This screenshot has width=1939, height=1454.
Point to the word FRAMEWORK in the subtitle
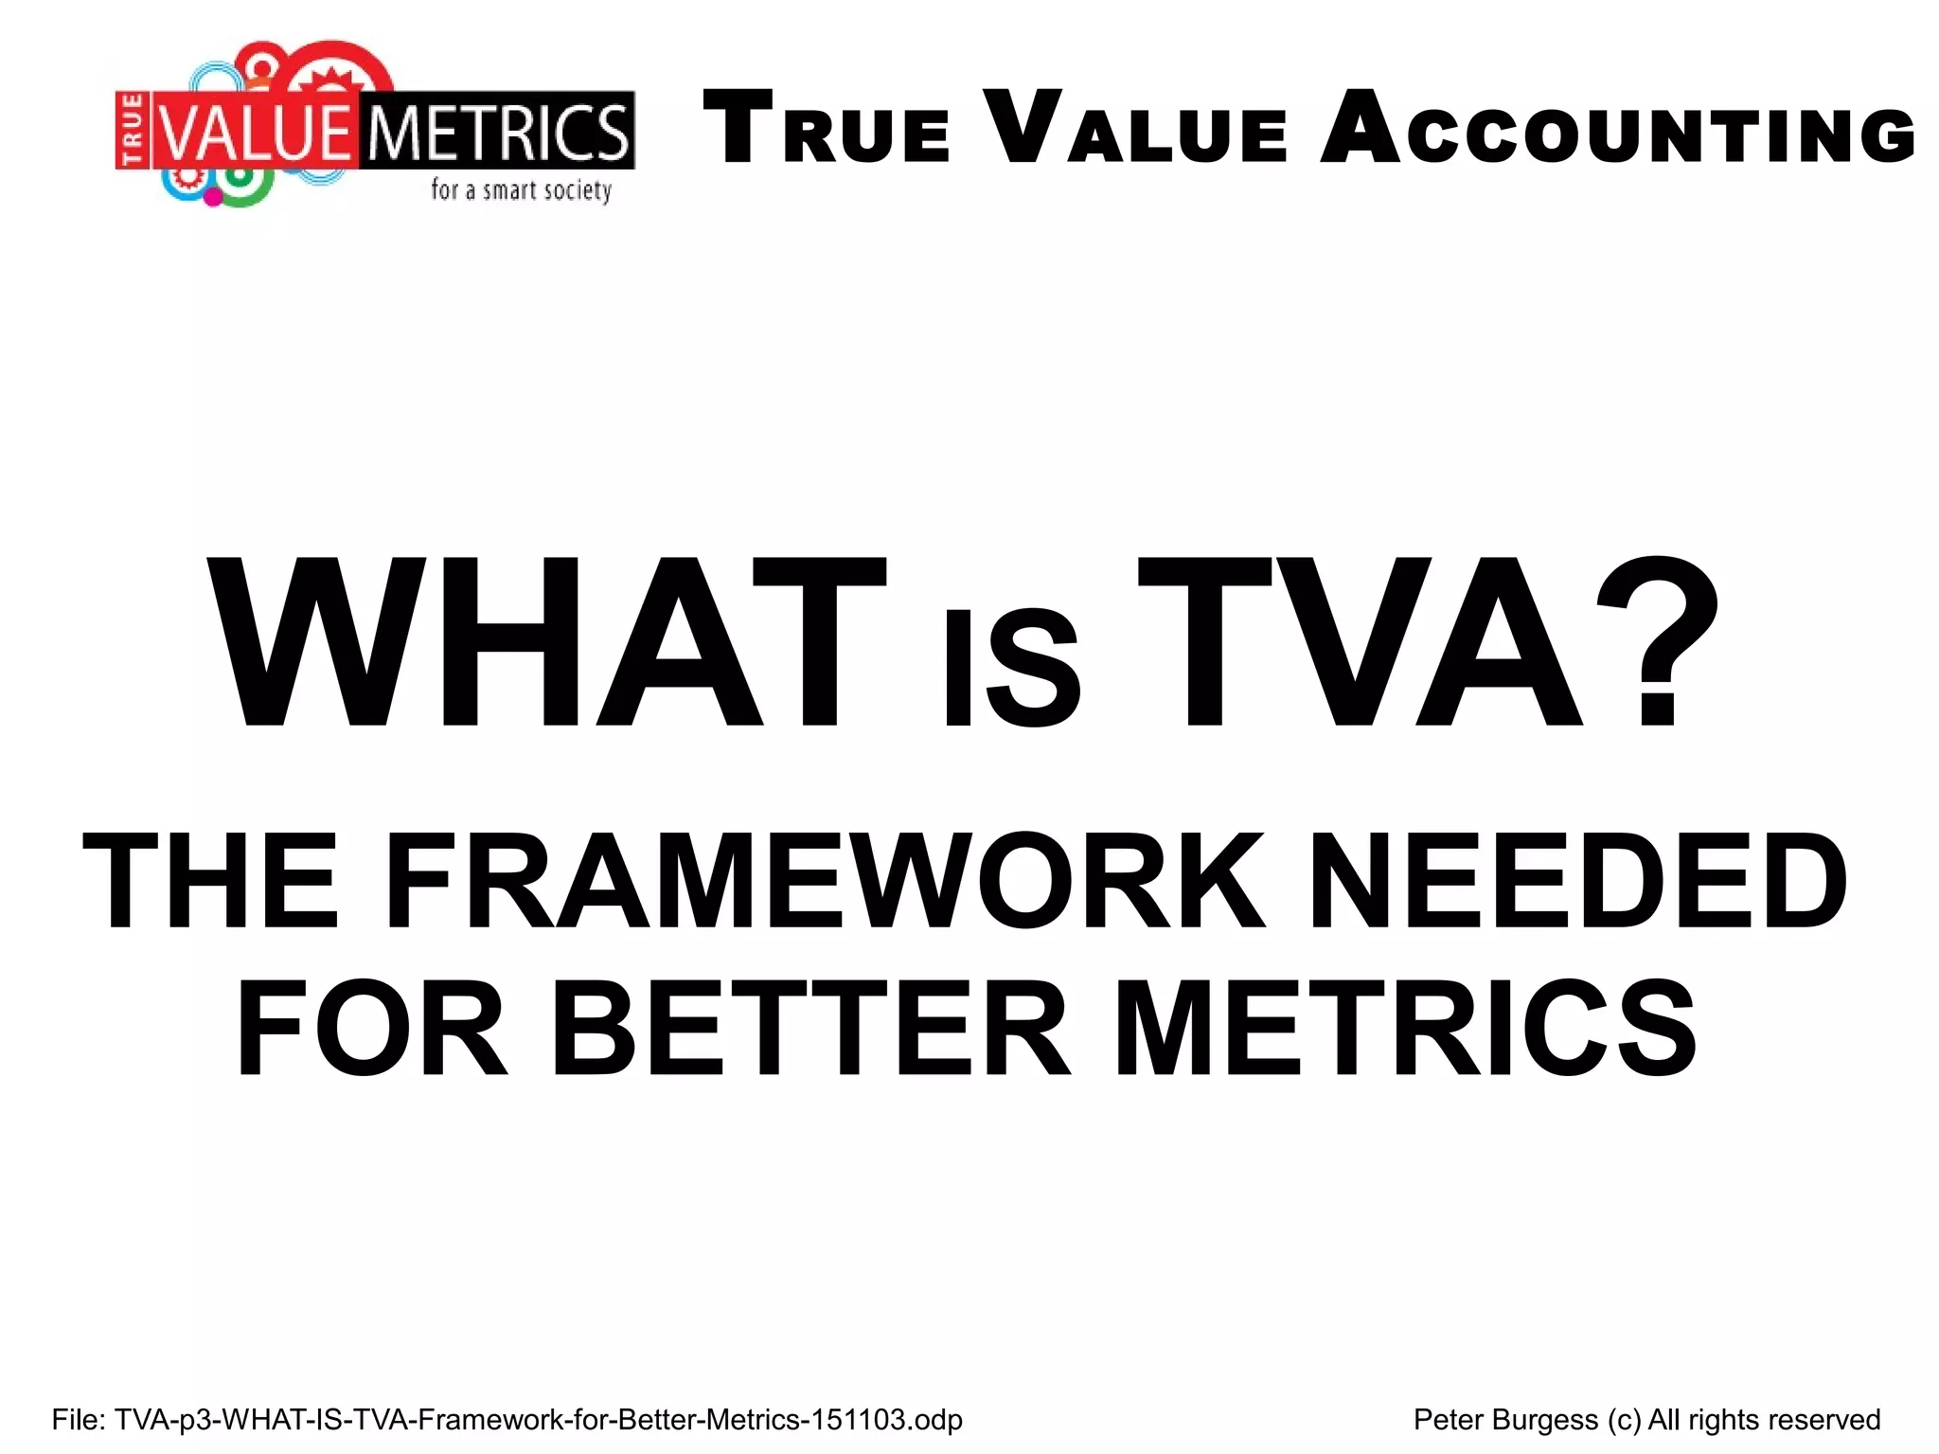point(824,881)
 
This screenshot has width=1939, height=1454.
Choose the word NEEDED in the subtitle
point(1577,881)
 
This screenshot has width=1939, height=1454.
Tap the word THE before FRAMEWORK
point(210,881)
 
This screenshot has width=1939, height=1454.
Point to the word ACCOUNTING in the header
point(1618,129)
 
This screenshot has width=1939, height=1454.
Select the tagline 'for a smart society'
point(521,190)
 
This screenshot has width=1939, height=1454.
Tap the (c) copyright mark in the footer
point(1624,1420)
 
